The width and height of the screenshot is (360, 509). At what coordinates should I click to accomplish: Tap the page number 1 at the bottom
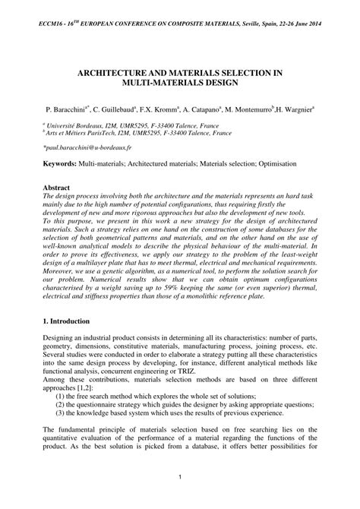click(x=180, y=478)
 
